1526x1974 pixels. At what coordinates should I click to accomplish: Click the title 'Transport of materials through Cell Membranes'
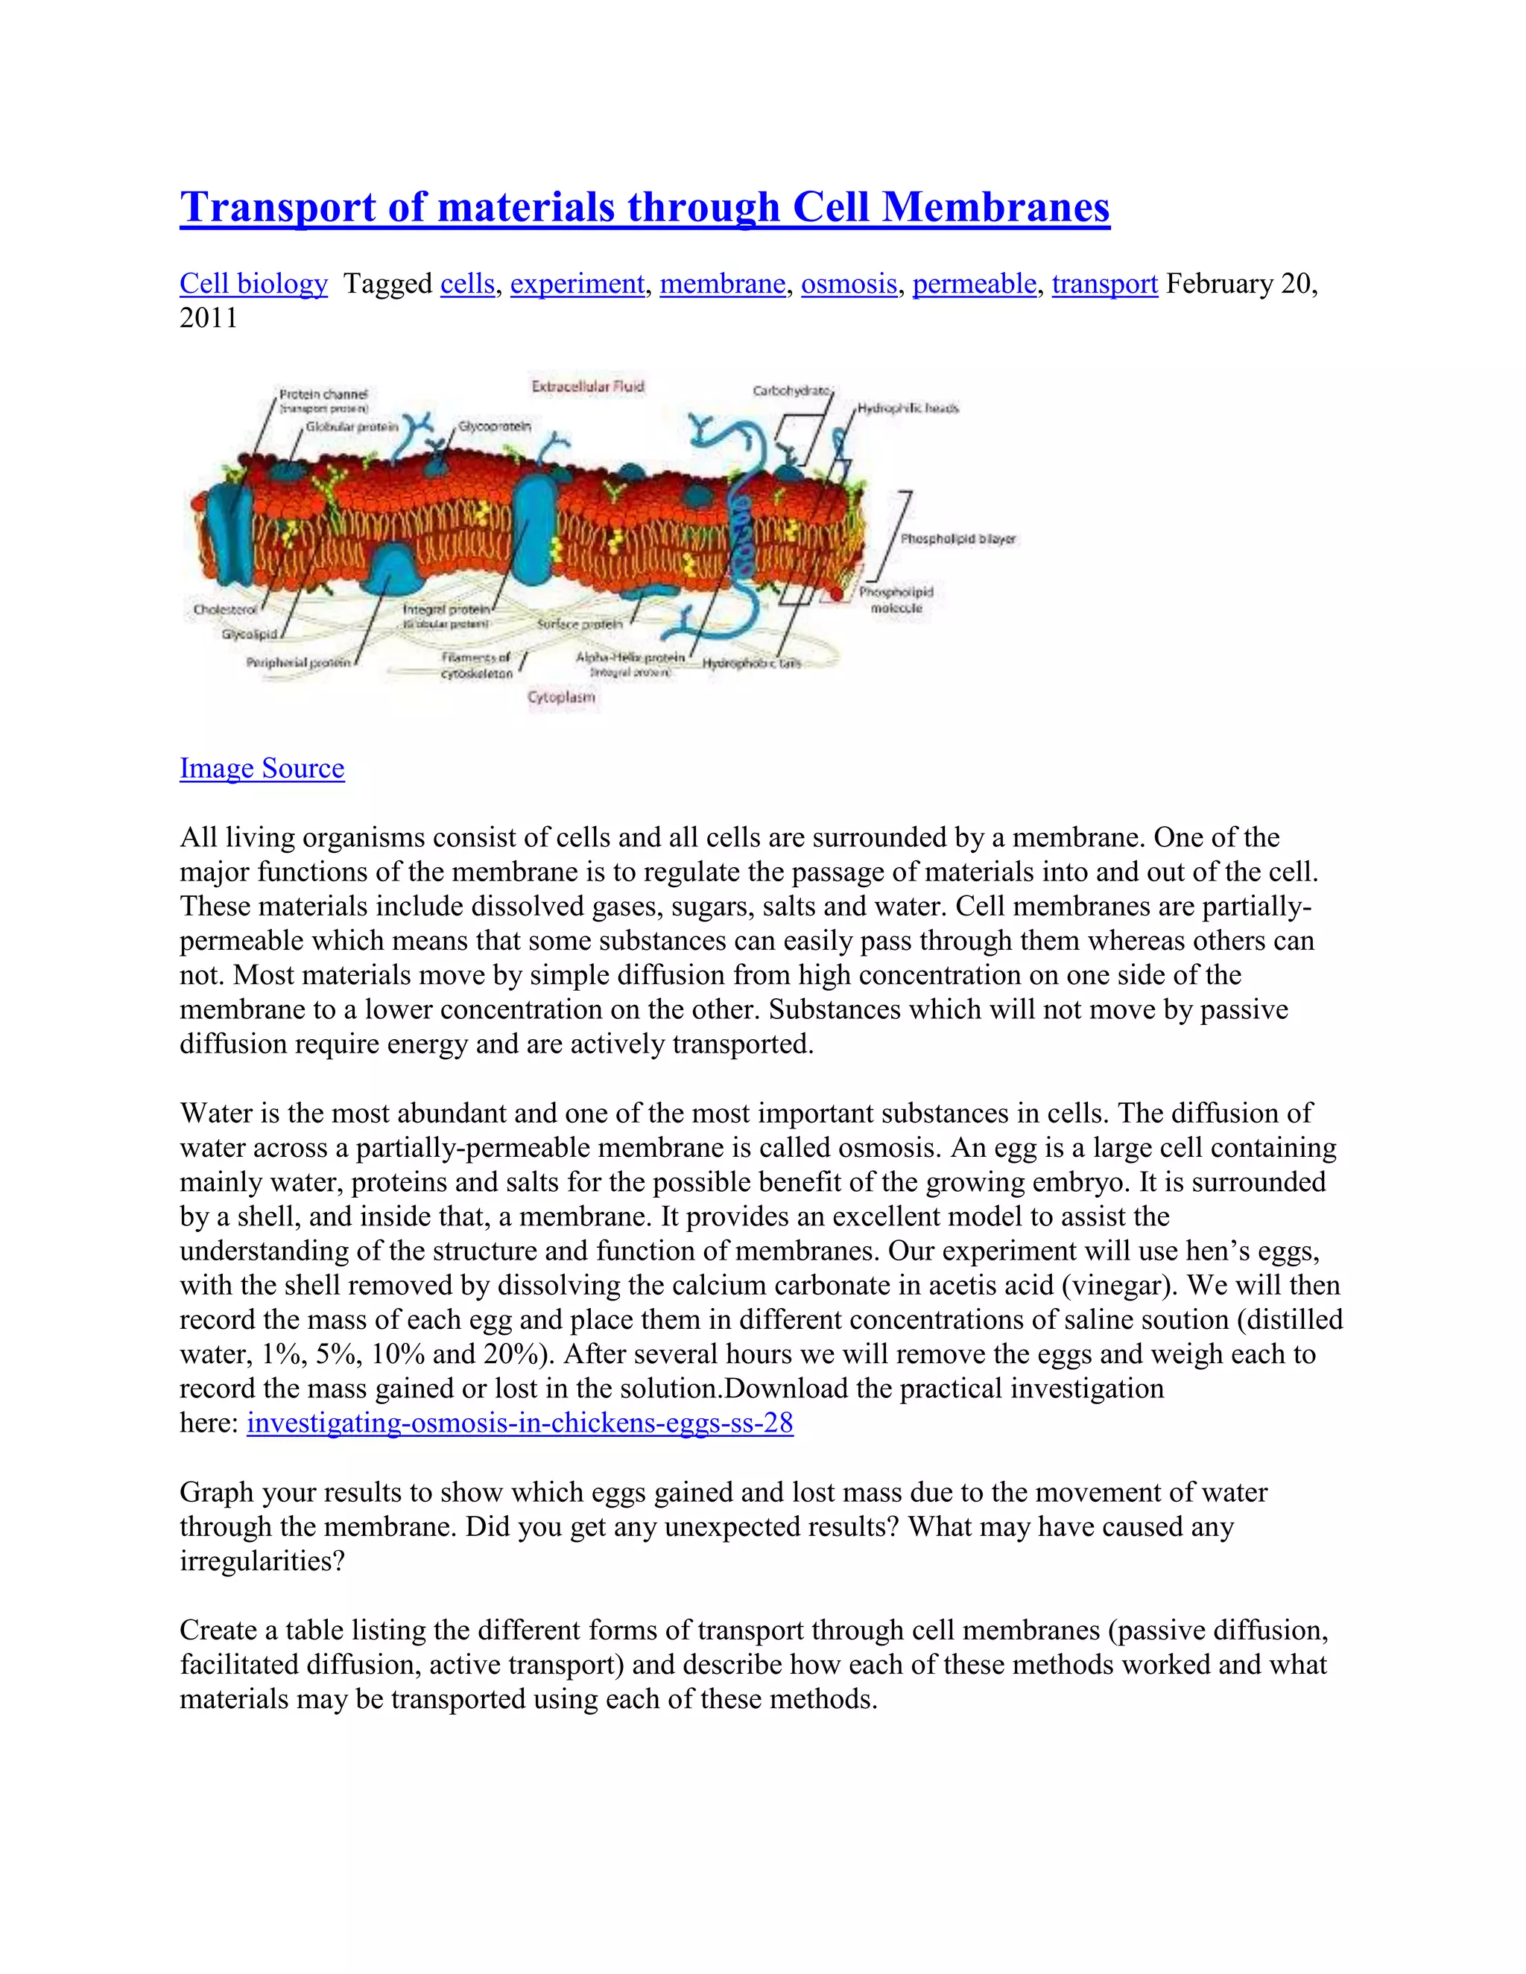(x=644, y=207)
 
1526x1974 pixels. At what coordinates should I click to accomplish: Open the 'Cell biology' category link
(x=253, y=284)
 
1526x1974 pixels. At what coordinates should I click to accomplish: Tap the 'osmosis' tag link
(x=848, y=284)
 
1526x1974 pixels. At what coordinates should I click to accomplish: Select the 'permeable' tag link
(x=974, y=284)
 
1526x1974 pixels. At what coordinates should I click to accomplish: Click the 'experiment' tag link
(x=577, y=284)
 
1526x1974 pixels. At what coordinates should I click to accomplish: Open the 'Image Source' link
(x=262, y=768)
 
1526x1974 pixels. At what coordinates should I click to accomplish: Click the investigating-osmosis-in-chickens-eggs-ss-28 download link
(x=520, y=1423)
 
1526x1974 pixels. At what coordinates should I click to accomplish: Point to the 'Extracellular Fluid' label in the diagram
(x=588, y=387)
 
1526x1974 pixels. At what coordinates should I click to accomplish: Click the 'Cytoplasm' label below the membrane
(x=561, y=697)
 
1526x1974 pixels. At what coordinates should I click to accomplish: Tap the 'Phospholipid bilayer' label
(x=957, y=539)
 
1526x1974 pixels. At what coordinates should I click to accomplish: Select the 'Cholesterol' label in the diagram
(x=224, y=610)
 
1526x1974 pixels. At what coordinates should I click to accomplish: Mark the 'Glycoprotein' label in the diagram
(x=495, y=425)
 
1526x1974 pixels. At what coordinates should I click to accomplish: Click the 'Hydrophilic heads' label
(x=908, y=408)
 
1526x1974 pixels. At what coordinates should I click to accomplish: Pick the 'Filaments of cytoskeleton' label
(x=476, y=665)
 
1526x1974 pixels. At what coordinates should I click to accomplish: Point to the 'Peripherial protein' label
(x=297, y=662)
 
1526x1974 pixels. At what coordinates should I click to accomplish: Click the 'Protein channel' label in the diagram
(x=323, y=394)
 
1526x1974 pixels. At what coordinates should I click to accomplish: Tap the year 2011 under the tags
(x=208, y=318)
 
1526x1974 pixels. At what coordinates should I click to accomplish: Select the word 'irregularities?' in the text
(x=262, y=1561)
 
